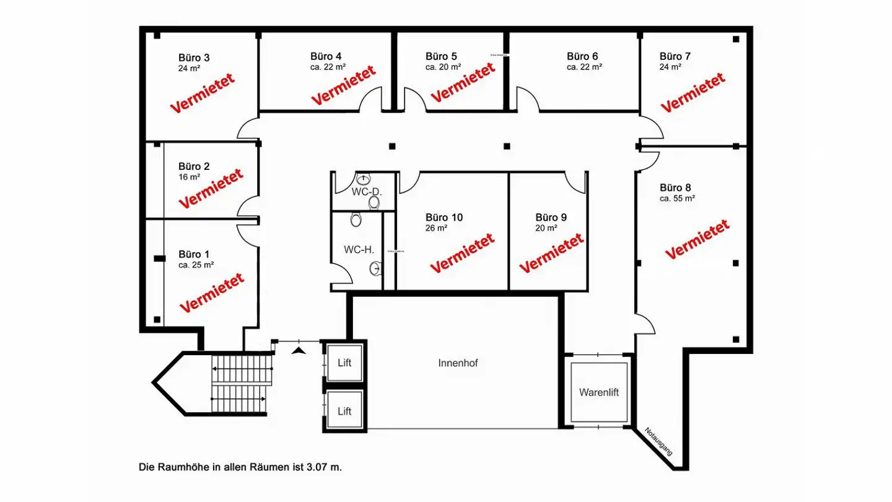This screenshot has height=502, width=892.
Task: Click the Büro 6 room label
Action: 582,56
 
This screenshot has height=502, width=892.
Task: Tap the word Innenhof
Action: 458,363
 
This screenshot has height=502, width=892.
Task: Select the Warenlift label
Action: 599,392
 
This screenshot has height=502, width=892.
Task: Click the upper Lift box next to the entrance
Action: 344,363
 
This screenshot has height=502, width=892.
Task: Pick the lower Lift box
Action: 344,411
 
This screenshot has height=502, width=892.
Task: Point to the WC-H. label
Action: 359,249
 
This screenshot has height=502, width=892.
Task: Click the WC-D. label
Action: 367,192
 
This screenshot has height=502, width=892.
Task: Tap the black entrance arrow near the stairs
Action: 299,351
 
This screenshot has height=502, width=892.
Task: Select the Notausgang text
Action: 658,441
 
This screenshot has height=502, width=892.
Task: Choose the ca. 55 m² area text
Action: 677,198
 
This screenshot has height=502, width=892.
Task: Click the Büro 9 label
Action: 551,218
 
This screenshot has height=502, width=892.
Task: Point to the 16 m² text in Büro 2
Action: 189,177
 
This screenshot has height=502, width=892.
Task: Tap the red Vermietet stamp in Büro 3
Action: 203,93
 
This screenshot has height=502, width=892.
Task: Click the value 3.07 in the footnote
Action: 317,467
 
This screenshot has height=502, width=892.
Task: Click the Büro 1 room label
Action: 194,254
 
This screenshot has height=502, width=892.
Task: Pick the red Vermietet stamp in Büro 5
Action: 463,84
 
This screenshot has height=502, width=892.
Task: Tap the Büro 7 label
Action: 675,56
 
